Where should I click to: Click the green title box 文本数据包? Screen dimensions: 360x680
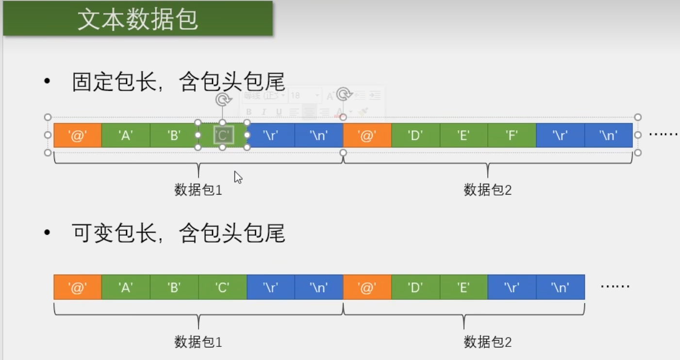(138, 19)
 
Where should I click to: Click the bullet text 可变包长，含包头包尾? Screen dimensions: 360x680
(178, 234)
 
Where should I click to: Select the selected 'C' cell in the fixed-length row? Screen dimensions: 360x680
(223, 135)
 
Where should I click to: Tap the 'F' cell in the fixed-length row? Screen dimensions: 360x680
(512, 135)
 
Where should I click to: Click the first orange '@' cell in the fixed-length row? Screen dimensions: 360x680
(78, 135)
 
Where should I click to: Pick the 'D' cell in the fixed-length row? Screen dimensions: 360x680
(415, 135)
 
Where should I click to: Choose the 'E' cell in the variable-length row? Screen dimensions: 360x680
(464, 287)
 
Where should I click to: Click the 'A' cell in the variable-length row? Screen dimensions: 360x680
(126, 287)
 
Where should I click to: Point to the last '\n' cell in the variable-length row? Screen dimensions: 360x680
(560, 287)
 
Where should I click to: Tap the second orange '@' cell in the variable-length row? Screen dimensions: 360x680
(367, 287)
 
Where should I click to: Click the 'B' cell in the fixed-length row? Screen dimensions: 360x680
(174, 135)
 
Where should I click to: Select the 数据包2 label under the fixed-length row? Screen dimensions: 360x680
(487, 190)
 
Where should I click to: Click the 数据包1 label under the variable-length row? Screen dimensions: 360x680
(198, 342)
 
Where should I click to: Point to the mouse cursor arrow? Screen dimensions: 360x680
(237, 177)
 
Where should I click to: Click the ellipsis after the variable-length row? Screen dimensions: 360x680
(614, 286)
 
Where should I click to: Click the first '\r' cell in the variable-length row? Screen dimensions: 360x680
(271, 287)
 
